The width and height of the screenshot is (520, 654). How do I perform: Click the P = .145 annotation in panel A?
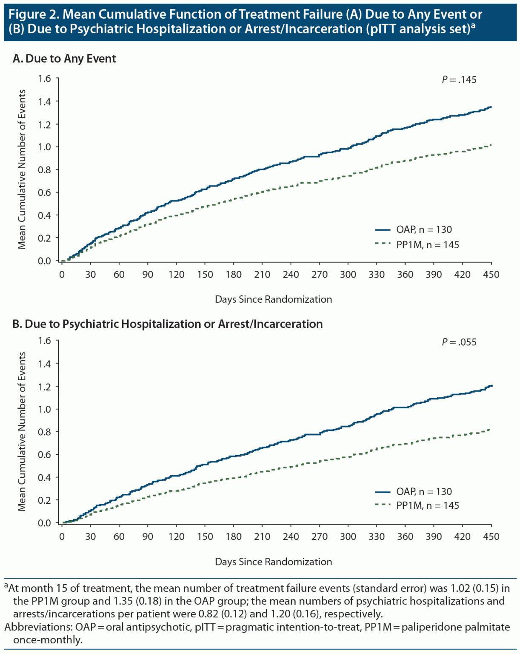tap(459, 80)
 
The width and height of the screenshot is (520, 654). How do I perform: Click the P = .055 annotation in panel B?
tap(459, 342)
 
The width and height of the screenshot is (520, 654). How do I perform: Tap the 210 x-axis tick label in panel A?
tap(262, 275)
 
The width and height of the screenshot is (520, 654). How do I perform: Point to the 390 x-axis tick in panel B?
tap(434, 537)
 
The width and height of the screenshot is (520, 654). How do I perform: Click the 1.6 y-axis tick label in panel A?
tap(44, 78)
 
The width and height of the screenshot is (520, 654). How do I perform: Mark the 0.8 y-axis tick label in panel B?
tap(44, 432)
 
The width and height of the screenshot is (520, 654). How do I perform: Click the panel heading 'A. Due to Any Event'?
tap(64, 59)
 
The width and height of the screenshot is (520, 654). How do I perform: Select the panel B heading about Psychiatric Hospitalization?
tap(167, 324)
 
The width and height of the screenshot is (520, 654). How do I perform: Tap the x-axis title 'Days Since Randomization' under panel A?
tap(273, 299)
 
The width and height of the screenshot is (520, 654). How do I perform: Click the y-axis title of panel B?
tap(22, 431)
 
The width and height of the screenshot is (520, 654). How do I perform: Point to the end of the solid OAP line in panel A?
tap(491, 107)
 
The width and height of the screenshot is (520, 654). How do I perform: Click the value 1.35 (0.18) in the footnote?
tap(131, 601)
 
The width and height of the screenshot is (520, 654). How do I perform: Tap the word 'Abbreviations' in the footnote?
tap(37, 627)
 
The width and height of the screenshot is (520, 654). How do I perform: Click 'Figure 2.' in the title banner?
tap(34, 14)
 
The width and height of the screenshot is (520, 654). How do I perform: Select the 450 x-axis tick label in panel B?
tap(491, 537)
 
